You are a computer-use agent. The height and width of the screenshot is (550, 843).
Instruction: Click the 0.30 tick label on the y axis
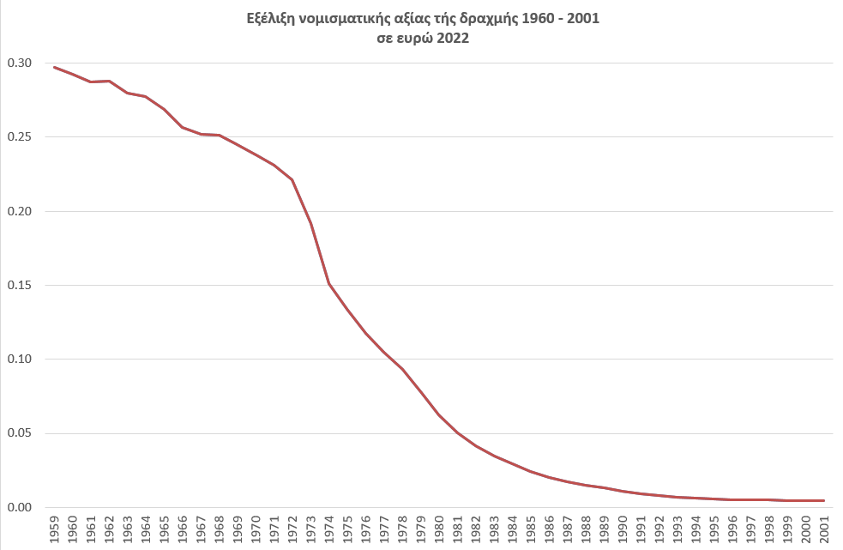pyautogui.click(x=19, y=63)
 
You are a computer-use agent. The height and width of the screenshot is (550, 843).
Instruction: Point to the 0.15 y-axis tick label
pyautogui.click(x=19, y=286)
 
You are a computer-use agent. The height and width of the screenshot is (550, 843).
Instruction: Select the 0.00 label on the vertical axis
pyautogui.click(x=19, y=507)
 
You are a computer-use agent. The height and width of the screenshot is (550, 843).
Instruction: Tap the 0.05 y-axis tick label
pyautogui.click(x=19, y=433)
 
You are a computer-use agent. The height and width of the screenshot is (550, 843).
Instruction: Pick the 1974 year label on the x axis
pyautogui.click(x=329, y=529)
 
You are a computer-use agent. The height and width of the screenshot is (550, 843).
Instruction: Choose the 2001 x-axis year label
pyautogui.click(x=823, y=529)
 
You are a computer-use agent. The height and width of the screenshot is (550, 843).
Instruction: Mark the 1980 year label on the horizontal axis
pyautogui.click(x=439, y=529)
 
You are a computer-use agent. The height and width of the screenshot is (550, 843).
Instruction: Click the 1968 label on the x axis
pyautogui.click(x=220, y=529)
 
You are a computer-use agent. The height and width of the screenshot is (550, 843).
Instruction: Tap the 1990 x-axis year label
pyautogui.click(x=622, y=529)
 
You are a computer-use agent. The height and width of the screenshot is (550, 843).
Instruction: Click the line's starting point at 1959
pyautogui.click(x=55, y=67)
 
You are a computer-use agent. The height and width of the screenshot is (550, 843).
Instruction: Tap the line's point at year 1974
pyautogui.click(x=329, y=283)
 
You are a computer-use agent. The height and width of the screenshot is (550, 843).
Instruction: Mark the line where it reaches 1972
pyautogui.click(x=292, y=179)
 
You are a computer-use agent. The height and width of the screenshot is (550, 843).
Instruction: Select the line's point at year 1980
pyautogui.click(x=439, y=414)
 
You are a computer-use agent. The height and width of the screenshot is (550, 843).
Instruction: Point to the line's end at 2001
pyautogui.click(x=823, y=500)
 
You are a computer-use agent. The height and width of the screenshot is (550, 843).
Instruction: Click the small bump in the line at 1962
pyautogui.click(x=110, y=81)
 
